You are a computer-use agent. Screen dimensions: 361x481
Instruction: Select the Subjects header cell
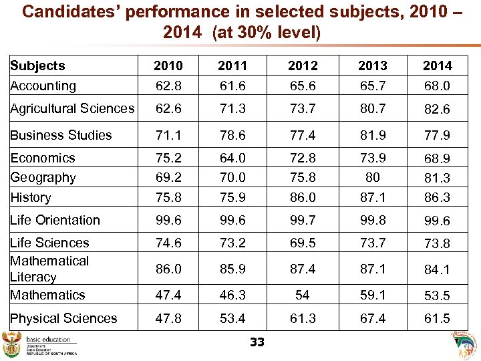tap(37, 66)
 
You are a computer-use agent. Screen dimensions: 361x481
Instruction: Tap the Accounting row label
tap(43, 86)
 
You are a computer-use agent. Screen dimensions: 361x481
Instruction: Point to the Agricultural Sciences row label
tap(72, 108)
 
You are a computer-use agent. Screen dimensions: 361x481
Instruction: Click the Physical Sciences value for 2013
tap(372, 318)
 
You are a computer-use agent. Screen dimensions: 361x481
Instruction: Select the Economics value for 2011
tap(232, 158)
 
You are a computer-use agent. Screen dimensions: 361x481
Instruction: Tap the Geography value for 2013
tap(372, 178)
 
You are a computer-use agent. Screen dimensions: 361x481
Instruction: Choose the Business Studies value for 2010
tap(168, 135)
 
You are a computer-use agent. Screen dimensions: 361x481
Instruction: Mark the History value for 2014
tap(438, 198)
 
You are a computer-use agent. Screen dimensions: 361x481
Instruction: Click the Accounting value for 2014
tap(438, 86)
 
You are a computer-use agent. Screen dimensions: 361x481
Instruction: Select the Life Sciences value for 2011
tap(232, 243)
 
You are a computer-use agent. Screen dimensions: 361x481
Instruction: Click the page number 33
tap(257, 342)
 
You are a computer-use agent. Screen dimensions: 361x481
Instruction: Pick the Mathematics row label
tap(47, 295)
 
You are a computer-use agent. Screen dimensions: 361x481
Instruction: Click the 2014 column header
tap(438, 66)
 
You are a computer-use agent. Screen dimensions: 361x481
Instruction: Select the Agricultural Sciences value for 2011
tap(232, 108)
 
